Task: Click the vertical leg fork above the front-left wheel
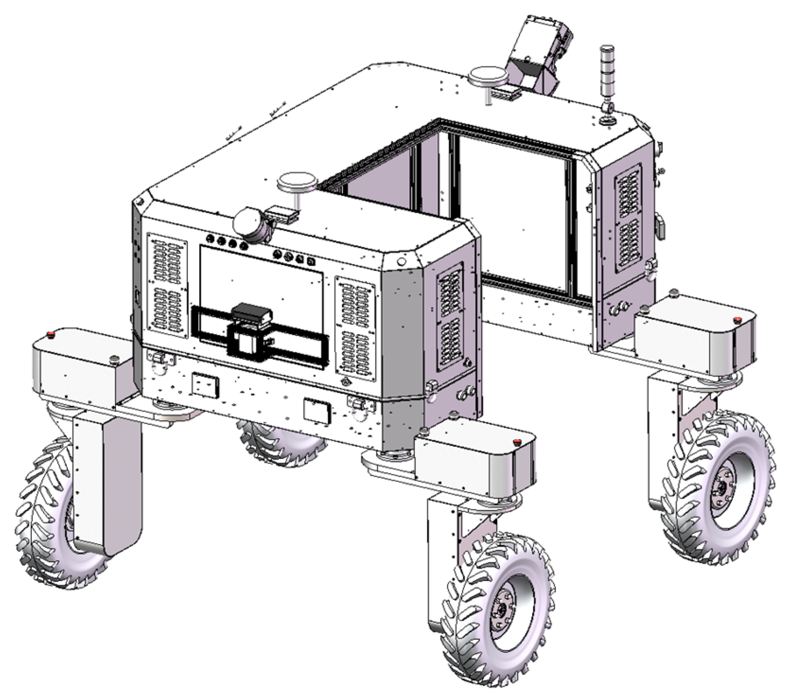click(106, 482)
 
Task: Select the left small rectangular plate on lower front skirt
click(204, 385)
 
